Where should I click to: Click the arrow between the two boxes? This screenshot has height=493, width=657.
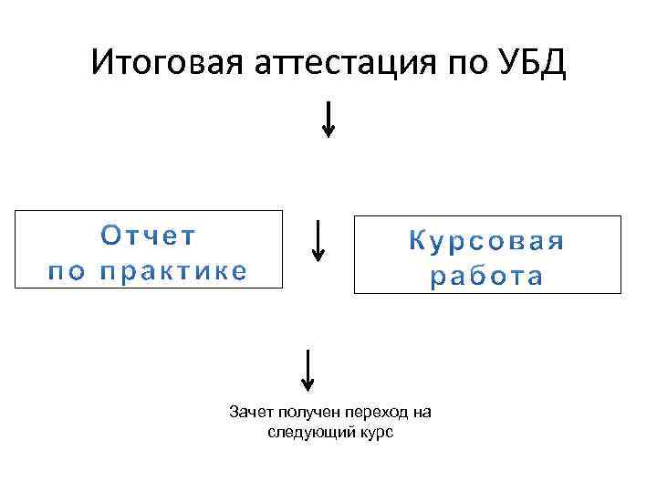pyautogui.click(x=318, y=240)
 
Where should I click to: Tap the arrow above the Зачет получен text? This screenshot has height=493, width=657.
pyautogui.click(x=309, y=370)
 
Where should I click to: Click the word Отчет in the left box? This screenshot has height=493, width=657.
pyautogui.click(x=148, y=236)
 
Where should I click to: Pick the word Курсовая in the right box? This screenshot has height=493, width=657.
pyautogui.click(x=486, y=242)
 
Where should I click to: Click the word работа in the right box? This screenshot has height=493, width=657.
pyautogui.click(x=486, y=277)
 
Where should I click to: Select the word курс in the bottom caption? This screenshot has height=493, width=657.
pyautogui.click(x=374, y=432)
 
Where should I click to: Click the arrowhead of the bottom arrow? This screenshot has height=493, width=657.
pyautogui.click(x=309, y=385)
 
